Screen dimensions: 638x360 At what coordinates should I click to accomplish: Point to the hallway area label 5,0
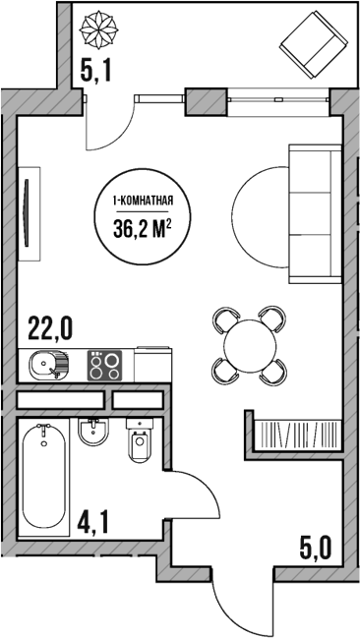[314, 543]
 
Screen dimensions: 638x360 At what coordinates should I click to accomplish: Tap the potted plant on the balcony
[101, 28]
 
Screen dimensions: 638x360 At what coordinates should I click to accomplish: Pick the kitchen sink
[48, 367]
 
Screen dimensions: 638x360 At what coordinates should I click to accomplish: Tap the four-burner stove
[106, 367]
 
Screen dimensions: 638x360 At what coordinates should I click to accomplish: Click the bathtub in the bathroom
[44, 475]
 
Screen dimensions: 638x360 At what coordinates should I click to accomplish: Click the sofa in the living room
[314, 209]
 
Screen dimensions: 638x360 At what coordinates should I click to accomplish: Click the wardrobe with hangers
[295, 434]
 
